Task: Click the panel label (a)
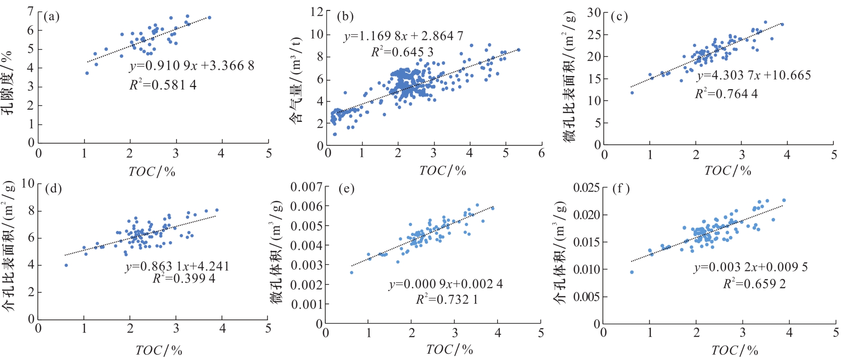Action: click(x=52, y=17)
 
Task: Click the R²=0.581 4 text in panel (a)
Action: click(x=163, y=85)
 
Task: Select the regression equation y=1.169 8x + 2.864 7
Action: click(x=403, y=36)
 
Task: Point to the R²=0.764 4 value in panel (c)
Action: click(x=726, y=94)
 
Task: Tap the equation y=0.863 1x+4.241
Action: click(x=177, y=266)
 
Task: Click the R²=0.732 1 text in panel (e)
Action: click(x=447, y=300)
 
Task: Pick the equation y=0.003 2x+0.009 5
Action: click(x=751, y=267)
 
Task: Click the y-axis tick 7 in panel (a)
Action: click(x=30, y=11)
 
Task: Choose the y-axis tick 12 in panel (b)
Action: click(x=317, y=12)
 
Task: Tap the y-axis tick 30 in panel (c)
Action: click(x=594, y=13)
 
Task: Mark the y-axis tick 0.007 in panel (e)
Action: click(x=306, y=187)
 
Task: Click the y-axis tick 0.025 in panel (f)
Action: click(x=586, y=187)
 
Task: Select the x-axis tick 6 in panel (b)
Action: click(x=541, y=153)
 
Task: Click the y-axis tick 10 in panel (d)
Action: click(x=28, y=183)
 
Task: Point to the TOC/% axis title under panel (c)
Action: click(x=727, y=171)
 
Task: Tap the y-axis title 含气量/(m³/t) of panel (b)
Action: click(x=296, y=80)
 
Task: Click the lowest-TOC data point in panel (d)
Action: click(x=66, y=265)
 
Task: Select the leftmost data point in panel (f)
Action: click(x=632, y=272)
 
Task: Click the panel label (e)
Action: click(x=346, y=189)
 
